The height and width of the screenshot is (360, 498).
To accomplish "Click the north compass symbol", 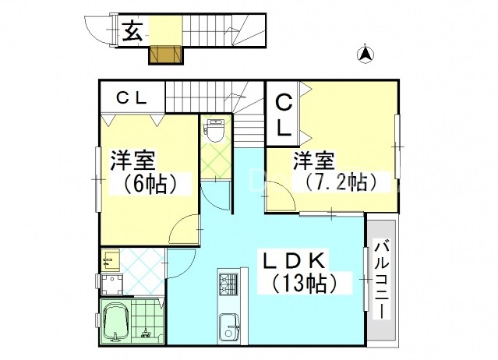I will tap(364, 54).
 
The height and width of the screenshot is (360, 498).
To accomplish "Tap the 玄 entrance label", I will tap(133, 32).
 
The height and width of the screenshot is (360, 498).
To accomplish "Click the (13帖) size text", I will tap(299, 283).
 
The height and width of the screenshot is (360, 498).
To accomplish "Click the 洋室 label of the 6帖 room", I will tap(132, 161).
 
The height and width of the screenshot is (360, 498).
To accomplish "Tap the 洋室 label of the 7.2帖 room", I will tap(314, 161).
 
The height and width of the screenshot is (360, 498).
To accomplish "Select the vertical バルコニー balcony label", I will tap(383, 278).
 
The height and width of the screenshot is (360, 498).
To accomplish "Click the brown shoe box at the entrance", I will tap(164, 56).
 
